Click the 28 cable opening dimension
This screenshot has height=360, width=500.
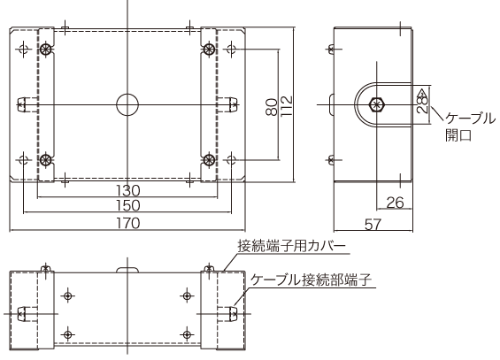pos(422,103)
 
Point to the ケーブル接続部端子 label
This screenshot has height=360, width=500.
pos(310,280)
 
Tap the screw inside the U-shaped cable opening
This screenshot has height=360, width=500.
pos(378,104)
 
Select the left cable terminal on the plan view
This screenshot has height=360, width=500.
pos(27,104)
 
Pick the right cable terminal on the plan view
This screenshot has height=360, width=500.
pos(228,104)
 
